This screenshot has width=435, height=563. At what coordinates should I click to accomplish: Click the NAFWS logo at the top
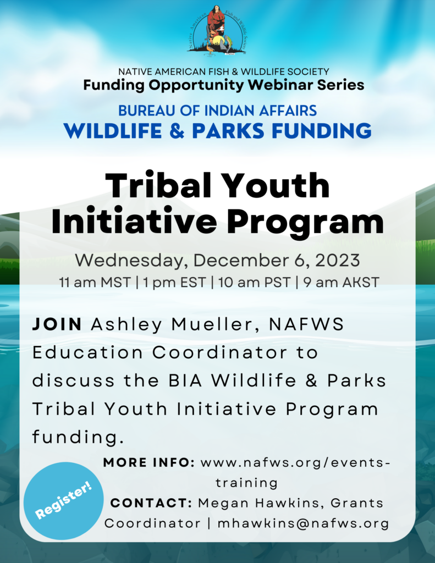pyautogui.click(x=217, y=30)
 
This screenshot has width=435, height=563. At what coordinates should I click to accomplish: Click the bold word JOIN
pyautogui.click(x=57, y=324)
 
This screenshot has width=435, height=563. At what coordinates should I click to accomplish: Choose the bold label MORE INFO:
pyautogui.click(x=148, y=463)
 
